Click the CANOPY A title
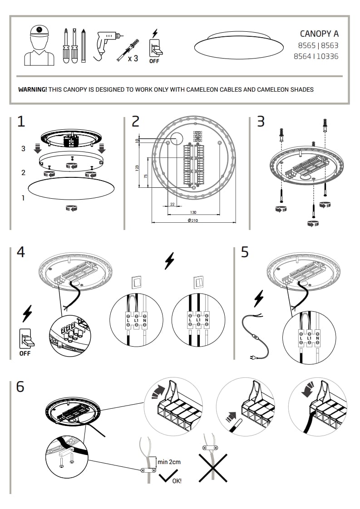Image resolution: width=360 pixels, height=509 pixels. pyautogui.click(x=319, y=34)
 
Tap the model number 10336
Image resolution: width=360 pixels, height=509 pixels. pyautogui.click(x=327, y=57)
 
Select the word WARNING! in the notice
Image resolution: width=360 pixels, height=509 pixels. pyautogui.click(x=32, y=89)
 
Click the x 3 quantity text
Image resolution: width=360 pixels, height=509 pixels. pyautogui.click(x=133, y=58)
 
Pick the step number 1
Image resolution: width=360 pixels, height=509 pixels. pyautogui.click(x=21, y=122)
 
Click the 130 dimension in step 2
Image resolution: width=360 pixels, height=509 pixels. pyautogui.click(x=193, y=212)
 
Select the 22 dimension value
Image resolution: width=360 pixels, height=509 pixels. pyautogui.click(x=172, y=204)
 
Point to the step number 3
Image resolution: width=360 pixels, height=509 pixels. pyautogui.click(x=261, y=122)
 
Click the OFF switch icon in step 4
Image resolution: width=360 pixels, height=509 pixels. pyautogui.click(x=25, y=341)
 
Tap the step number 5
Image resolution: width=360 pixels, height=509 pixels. pyautogui.click(x=245, y=252)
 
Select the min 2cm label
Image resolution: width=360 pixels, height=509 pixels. pyautogui.click(x=169, y=462)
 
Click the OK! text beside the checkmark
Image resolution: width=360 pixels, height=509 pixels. pyautogui.click(x=177, y=481)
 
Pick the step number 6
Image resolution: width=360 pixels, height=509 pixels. pyautogui.click(x=20, y=387)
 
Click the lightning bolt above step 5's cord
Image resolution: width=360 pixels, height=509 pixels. pyautogui.click(x=259, y=299)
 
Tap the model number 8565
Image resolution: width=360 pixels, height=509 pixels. pyautogui.click(x=307, y=45)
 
